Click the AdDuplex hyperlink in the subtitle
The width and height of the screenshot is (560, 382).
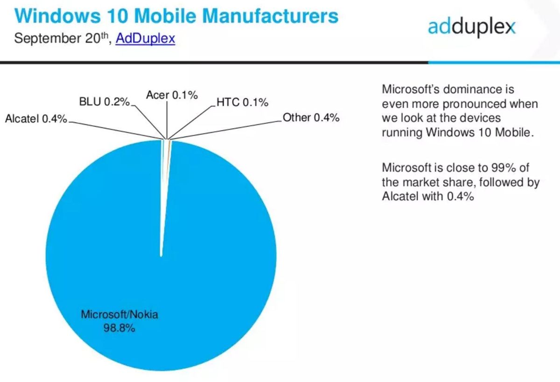pyautogui.click(x=145, y=38)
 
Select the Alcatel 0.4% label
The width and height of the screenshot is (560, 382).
pyautogui.click(x=36, y=119)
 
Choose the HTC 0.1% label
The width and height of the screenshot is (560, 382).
pyautogui.click(x=242, y=103)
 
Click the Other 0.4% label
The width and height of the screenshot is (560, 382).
pyautogui.click(x=311, y=118)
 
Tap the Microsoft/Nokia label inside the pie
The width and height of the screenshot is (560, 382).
pyautogui.click(x=119, y=314)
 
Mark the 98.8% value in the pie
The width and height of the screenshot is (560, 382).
pyautogui.click(x=119, y=328)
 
